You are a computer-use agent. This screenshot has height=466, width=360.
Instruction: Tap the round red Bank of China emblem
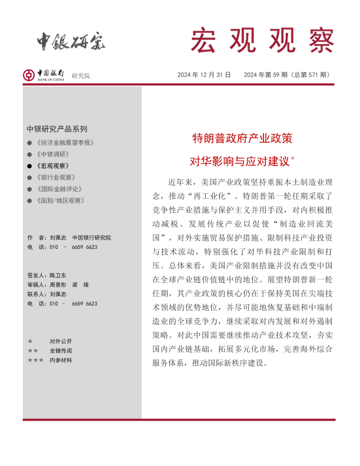29,75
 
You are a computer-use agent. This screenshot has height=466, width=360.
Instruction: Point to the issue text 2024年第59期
266,75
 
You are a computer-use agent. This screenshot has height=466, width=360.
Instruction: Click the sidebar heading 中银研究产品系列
56,129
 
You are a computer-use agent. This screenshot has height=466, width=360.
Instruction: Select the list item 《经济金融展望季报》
65,143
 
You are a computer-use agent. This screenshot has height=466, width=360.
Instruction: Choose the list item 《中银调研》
52,154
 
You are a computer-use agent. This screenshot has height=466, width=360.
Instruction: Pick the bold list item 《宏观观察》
52,166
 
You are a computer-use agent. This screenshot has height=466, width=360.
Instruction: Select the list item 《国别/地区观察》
59,201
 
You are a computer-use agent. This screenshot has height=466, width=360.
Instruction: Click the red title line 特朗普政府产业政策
242,139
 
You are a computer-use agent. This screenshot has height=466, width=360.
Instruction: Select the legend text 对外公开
61,341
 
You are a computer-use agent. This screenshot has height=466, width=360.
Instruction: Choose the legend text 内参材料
61,360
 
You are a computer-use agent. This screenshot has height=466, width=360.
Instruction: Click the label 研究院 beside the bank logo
81,76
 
